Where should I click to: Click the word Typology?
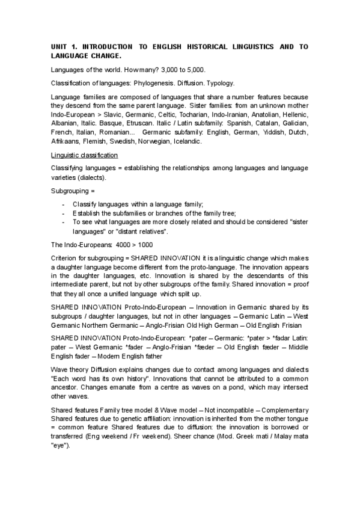pos(219,83)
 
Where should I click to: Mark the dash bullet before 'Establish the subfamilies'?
pos(64,213)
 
